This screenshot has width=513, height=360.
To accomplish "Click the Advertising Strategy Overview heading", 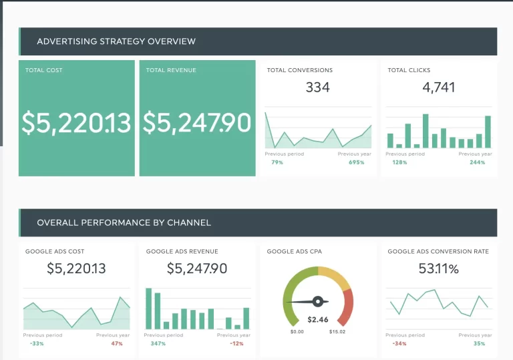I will pos(116,41).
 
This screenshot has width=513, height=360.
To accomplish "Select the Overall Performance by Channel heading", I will pos(124,222).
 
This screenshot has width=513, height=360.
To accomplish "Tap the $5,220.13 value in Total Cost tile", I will pos(76,123).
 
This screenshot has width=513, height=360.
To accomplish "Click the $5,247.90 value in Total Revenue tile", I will pos(197,123).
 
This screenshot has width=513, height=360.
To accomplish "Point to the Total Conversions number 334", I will pos(317,87).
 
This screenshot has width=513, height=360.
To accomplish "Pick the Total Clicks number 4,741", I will pos(439,87).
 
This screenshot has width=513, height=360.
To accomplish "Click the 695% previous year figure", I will pos(356,162).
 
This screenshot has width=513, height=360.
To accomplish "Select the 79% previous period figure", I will pos(277,162).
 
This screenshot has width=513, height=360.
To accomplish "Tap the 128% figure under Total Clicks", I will pos(399,162).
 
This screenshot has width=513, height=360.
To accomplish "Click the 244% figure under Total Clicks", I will pos(477,162).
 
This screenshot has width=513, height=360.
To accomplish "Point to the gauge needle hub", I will pos(318,301).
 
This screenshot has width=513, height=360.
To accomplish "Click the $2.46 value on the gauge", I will pos(318,320).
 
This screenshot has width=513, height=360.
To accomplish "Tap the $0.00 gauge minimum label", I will pos(297,332).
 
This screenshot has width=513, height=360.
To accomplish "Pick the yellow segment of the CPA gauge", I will pos(335,277).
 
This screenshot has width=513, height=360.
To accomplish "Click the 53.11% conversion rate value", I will pos(439,269).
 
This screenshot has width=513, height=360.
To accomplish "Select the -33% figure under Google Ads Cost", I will pos(37,343).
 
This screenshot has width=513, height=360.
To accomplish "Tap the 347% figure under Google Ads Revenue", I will pos(158,343).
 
